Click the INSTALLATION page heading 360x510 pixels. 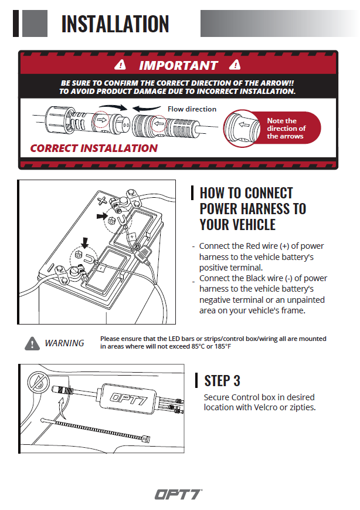click(x=115, y=23)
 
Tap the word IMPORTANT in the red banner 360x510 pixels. click(x=178, y=65)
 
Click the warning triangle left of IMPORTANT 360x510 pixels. click(x=121, y=65)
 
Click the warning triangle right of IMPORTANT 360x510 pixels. click(x=235, y=65)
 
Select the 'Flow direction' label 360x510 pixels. click(x=192, y=109)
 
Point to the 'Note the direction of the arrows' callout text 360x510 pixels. click(x=286, y=129)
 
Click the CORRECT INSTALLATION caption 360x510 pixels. click(x=94, y=148)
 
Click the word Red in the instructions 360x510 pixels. click(x=244, y=246)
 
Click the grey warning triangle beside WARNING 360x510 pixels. click(x=32, y=343)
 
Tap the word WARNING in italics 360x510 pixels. click(x=64, y=343)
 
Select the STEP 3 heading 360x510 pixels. click(x=222, y=380)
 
